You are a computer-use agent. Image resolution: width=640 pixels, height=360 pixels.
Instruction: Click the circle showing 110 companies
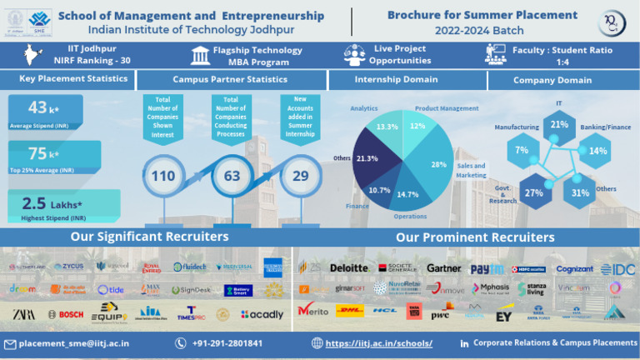[x=163, y=176]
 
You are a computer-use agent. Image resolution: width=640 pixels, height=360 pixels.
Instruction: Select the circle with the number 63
[x=232, y=176]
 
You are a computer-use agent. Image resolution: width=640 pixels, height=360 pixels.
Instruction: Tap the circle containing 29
[x=300, y=176]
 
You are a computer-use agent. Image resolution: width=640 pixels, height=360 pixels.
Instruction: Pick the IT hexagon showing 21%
[x=559, y=125]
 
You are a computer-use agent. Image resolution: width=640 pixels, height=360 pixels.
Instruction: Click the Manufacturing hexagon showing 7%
[x=522, y=150]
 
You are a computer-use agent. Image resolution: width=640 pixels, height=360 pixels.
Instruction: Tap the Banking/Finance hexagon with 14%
[x=597, y=151]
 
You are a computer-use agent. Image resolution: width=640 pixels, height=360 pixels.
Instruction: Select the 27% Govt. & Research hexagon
[x=534, y=192]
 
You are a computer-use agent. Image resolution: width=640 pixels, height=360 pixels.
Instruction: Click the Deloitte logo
[x=348, y=267]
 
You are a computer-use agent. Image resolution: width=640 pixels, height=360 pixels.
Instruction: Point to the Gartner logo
[x=443, y=268]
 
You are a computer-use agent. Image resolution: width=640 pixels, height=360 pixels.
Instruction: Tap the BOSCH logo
[x=65, y=314]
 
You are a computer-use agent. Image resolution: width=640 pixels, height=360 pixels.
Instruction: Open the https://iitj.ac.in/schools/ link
[x=378, y=343]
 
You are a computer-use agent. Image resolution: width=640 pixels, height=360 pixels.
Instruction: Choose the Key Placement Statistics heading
[x=74, y=79]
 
